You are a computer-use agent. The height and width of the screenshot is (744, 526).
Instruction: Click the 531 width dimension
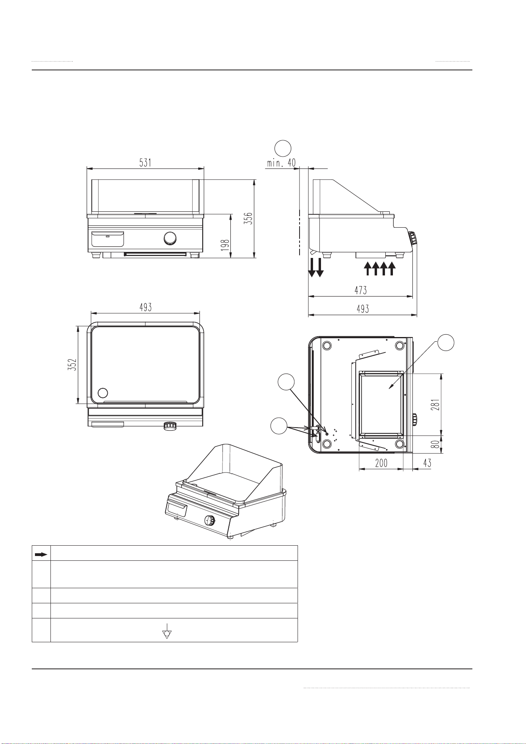click(x=145, y=163)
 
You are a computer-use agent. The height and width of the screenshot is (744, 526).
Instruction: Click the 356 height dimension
click(x=248, y=218)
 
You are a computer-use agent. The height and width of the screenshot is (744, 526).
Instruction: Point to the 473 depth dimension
click(x=360, y=290)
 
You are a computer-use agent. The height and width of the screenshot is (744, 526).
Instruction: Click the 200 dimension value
click(x=381, y=463)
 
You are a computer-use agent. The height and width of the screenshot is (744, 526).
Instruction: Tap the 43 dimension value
click(x=426, y=463)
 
